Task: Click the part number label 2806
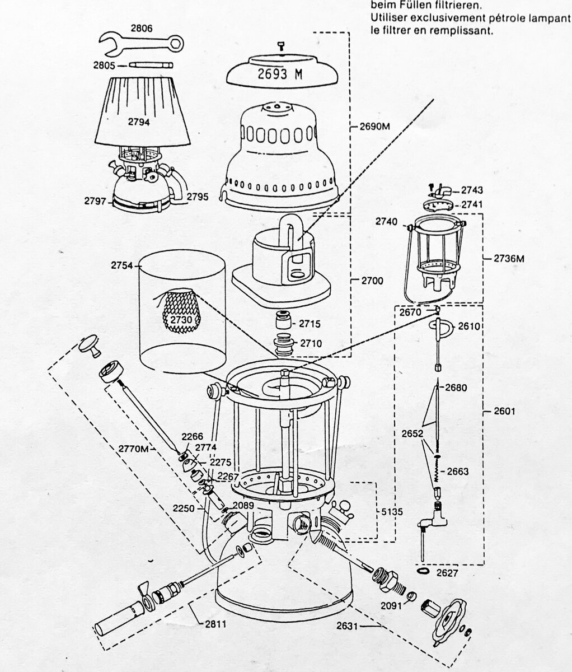[142, 29]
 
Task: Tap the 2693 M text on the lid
[280, 74]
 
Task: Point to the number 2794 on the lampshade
[139, 122]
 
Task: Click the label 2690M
[375, 127]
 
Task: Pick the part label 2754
[122, 265]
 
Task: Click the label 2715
[310, 324]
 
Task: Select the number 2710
[311, 343]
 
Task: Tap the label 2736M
[509, 259]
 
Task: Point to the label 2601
[505, 411]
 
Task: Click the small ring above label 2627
[423, 571]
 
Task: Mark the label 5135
[392, 512]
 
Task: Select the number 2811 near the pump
[215, 624]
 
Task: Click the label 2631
[348, 626]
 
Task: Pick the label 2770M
[133, 449]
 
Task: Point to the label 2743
[472, 190]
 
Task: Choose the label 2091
[392, 606]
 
